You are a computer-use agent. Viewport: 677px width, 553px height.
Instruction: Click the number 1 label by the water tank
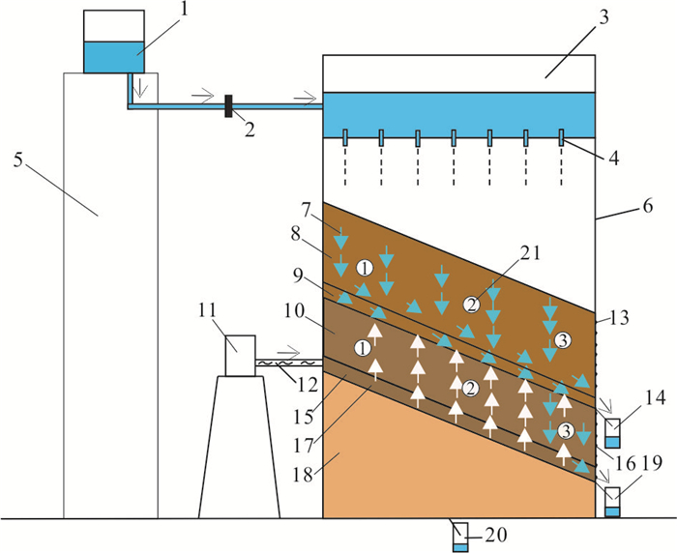pyautogui.click(x=184, y=9)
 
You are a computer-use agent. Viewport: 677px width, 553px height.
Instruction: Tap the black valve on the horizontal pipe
pyautogui.click(x=229, y=105)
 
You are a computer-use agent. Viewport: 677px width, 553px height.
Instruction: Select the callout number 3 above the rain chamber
pyautogui.click(x=603, y=17)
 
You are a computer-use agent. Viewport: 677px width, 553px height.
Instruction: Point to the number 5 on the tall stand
pyautogui.click(x=18, y=160)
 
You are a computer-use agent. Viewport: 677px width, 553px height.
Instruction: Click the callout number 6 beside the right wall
pyautogui.click(x=648, y=206)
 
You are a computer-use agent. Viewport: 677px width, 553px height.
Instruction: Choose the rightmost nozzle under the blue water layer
pyautogui.click(x=561, y=137)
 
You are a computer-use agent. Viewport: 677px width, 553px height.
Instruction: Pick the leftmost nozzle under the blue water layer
pyautogui.click(x=345, y=137)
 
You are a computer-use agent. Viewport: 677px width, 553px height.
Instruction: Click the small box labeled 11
pyautogui.click(x=241, y=355)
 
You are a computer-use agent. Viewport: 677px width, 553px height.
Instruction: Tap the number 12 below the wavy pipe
pyautogui.click(x=307, y=384)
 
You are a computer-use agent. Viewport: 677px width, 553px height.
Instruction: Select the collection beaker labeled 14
pyautogui.click(x=612, y=433)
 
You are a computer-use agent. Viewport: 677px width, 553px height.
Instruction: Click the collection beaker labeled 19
pyautogui.click(x=612, y=502)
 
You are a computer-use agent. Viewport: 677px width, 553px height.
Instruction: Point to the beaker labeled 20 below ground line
pyautogui.click(x=460, y=538)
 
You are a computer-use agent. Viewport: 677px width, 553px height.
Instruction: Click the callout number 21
pyautogui.click(x=529, y=253)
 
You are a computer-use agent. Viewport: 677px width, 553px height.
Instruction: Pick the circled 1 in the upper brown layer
pyautogui.click(x=365, y=269)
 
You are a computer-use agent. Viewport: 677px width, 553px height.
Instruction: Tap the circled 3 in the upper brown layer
pyautogui.click(x=563, y=341)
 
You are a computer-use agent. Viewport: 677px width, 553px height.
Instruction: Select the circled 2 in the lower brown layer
pyautogui.click(x=471, y=389)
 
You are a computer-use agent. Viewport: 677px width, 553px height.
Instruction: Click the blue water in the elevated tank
pyautogui.click(x=113, y=57)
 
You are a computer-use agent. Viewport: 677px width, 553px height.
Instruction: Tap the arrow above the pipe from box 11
pyautogui.click(x=288, y=350)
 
